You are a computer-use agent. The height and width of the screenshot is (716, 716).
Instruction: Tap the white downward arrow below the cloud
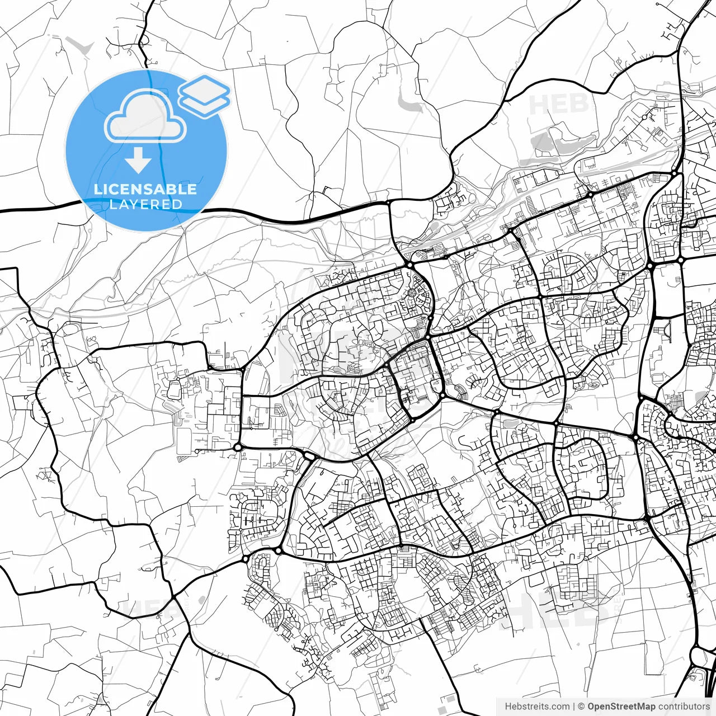pos(138,161)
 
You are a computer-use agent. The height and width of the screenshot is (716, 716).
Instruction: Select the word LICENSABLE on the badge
pos(145,189)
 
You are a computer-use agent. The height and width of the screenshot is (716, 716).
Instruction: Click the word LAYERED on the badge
pos(145,204)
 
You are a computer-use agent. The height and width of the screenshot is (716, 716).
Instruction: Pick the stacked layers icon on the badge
pos(204,96)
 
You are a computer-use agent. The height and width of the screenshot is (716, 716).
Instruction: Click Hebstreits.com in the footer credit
pos(538,706)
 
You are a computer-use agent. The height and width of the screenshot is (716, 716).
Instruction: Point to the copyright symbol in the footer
pos(581,706)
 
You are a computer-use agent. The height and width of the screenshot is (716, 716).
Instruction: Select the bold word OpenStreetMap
pos(621,706)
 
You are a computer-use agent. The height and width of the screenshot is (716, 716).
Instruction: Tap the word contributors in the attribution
pos(684,706)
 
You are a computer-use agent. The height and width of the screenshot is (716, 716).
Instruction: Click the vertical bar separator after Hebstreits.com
pos(574,706)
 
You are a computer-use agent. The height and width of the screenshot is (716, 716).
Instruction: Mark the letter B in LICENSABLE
pos(171,189)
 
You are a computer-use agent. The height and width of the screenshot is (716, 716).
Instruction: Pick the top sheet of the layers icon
pos(204,88)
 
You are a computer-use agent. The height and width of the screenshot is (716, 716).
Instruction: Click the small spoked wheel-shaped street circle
pos(413,292)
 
